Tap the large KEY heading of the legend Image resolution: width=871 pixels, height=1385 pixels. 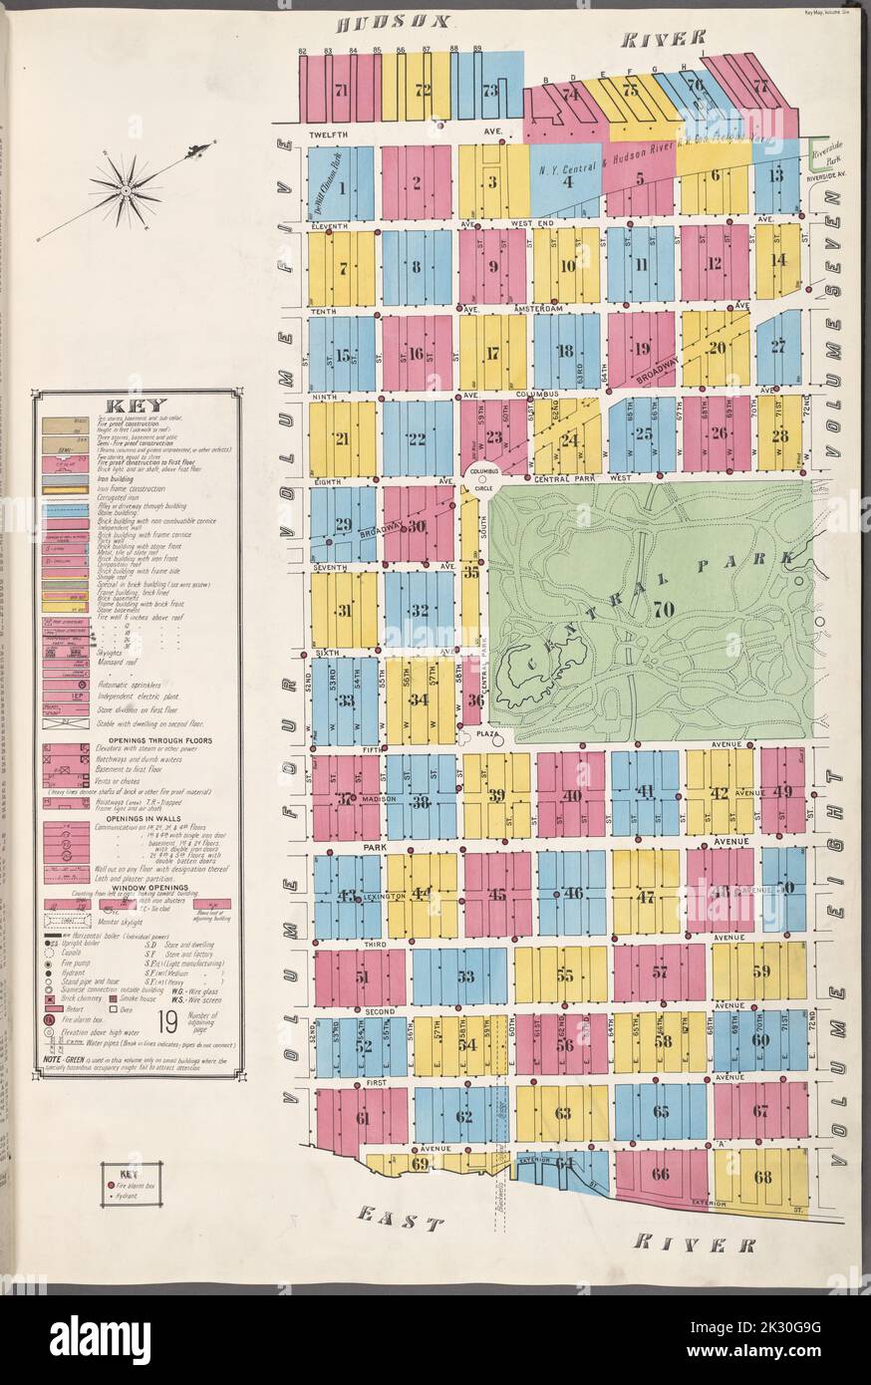[136, 407]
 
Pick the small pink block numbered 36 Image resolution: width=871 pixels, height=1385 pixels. [475, 700]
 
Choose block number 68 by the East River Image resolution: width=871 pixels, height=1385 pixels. [762, 1177]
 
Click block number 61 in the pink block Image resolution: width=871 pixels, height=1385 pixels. [362, 1118]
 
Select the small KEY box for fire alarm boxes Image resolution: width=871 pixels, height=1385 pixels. [136, 1185]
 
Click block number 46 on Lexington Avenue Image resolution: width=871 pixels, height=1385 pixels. [573, 893]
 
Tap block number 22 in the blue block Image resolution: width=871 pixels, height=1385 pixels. [416, 439]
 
